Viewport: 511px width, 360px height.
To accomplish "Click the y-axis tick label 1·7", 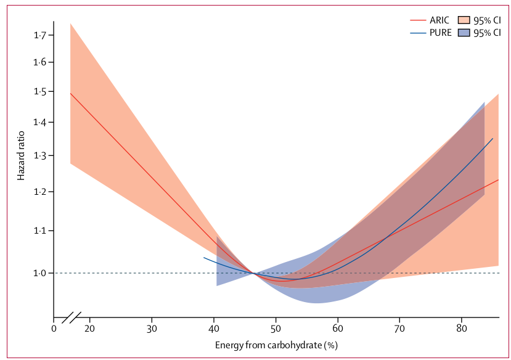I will tap(40, 36).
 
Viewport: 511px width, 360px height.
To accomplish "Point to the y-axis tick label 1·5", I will tap(40, 92).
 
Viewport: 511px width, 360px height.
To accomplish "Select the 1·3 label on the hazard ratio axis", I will tap(40, 157).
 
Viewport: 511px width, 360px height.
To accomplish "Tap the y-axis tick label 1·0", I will tap(40, 273).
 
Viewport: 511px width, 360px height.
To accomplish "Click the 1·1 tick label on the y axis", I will tap(40, 231).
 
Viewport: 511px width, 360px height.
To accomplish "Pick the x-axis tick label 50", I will tap(276, 328).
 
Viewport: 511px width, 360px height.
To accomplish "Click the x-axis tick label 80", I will tap(462, 328).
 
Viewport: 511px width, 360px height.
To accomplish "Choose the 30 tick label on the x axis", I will tap(152, 328).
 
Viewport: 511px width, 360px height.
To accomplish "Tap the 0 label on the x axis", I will tap(54, 328).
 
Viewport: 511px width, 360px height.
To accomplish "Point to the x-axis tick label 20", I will tap(90, 328).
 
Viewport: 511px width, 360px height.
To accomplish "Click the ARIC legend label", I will tap(440, 20).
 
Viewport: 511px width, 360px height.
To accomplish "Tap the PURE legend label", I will tap(440, 33).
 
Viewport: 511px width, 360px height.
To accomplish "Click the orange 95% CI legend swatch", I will tap(465, 20).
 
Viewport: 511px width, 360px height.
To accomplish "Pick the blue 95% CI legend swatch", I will tap(465, 33).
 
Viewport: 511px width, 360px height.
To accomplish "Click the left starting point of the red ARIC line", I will tap(71, 93).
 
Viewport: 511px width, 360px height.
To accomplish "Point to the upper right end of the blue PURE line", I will tap(493, 139).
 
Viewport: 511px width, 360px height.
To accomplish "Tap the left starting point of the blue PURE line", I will tap(204, 258).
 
